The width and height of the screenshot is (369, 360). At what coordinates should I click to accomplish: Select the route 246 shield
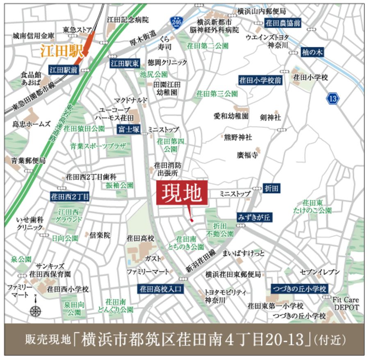pyautogui.click(x=176, y=22)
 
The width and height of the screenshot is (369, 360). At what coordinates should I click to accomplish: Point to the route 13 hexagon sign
pyautogui.click(x=333, y=98)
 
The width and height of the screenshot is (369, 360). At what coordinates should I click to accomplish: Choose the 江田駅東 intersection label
pyautogui.click(x=125, y=63)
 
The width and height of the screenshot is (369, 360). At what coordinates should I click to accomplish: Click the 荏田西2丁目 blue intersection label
pyautogui.click(x=70, y=197)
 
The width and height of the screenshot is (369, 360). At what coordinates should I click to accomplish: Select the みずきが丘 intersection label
pyautogui.click(x=254, y=217)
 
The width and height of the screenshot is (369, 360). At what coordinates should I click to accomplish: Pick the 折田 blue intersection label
pyautogui.click(x=272, y=188)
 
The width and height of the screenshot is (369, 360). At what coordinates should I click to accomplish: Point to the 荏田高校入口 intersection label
pyautogui.click(x=160, y=289)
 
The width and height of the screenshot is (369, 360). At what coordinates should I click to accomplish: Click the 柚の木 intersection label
pyautogui.click(x=312, y=52)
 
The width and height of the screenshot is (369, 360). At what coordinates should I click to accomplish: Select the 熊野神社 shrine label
pyautogui.click(x=238, y=137)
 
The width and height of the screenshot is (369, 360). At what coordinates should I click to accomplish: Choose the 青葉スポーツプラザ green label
pyautogui.click(x=98, y=146)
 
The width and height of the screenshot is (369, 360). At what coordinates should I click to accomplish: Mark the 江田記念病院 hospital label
pyautogui.click(x=128, y=20)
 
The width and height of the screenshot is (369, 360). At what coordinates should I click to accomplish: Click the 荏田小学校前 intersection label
pyautogui.click(x=260, y=80)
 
